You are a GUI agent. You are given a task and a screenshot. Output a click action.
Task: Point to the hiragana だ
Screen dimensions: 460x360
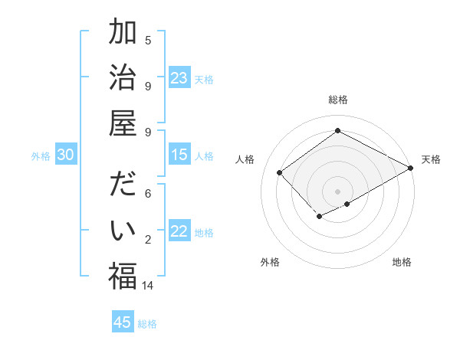coord(123,185)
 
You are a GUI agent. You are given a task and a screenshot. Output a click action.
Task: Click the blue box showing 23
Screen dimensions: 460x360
coord(179,77)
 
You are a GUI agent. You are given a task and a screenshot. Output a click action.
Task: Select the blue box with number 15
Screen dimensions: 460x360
coord(179,155)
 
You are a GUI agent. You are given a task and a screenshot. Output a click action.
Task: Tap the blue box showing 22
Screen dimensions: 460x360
coord(179,231)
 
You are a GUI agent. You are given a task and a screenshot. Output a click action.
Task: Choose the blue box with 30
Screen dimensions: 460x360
coord(66,155)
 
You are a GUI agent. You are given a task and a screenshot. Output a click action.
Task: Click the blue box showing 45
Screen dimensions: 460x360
coord(123,322)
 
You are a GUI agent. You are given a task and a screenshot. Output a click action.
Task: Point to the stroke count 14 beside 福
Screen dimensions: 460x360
coord(148,286)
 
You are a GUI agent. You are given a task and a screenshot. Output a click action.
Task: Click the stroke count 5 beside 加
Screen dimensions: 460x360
coord(148,40)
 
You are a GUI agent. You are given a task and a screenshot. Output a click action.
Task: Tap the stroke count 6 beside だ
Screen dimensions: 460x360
coord(148,194)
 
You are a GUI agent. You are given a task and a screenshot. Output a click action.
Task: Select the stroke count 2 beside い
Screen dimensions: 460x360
coord(148,240)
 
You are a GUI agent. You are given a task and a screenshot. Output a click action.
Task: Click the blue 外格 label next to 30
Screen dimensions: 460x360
coord(41,155)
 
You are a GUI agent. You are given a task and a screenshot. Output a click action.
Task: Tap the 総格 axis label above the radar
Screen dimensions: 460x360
coord(337,100)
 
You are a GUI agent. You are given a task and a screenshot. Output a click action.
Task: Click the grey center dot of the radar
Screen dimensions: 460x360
coord(337,190)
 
